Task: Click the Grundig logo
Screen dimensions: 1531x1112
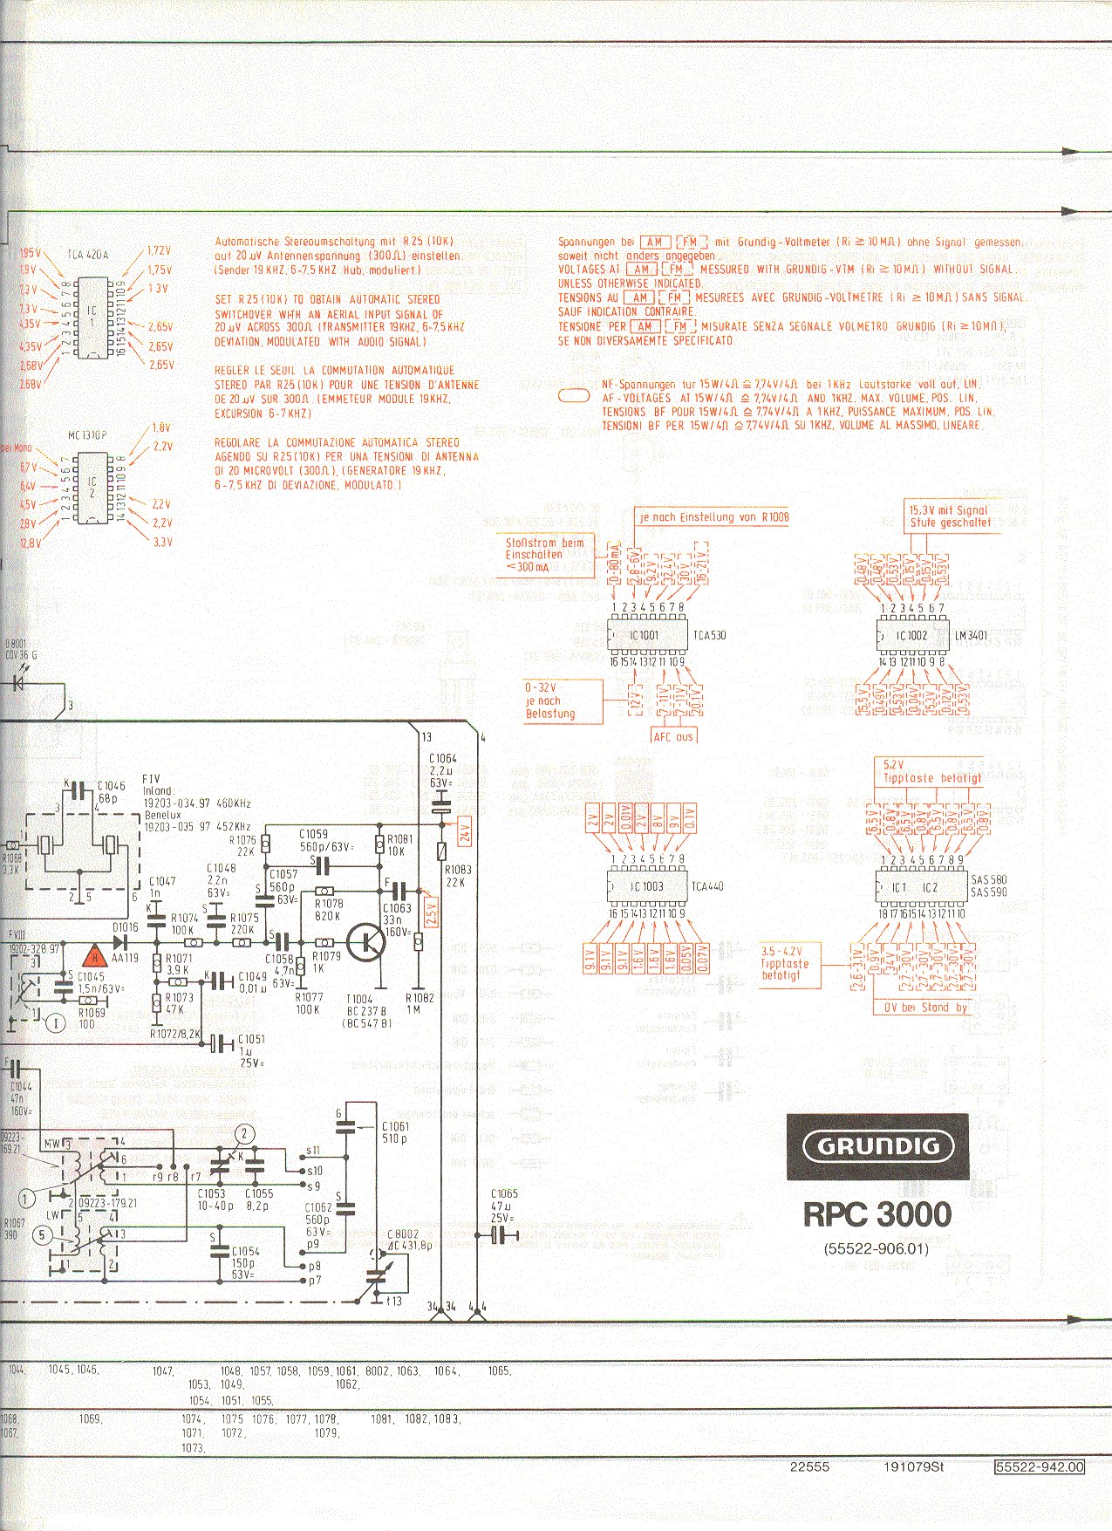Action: tap(877, 1146)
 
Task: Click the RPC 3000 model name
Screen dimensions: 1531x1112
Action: tap(877, 1213)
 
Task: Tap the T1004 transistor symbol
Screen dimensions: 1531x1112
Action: tap(365, 943)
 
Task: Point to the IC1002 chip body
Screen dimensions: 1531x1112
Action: tap(911, 635)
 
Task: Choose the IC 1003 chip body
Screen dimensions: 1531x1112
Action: tap(646, 886)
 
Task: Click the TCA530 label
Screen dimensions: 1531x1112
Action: tap(710, 635)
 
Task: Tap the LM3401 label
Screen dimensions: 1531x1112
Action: tap(971, 635)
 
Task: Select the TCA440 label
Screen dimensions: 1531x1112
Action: tap(707, 886)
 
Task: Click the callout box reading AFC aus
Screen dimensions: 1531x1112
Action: tap(673, 736)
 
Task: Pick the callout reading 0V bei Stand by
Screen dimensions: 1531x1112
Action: tap(925, 1008)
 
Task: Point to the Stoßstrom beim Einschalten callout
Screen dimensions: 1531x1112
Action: tap(544, 555)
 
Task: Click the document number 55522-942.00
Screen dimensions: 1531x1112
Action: tap(1040, 1467)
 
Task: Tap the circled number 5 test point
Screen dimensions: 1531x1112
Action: tap(41, 1234)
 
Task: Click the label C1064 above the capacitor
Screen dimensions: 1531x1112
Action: tap(442, 759)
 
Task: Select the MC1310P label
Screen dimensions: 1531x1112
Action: tap(87, 434)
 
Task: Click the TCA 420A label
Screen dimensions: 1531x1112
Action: tap(87, 255)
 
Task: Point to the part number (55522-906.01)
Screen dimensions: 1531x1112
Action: tap(877, 1249)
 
